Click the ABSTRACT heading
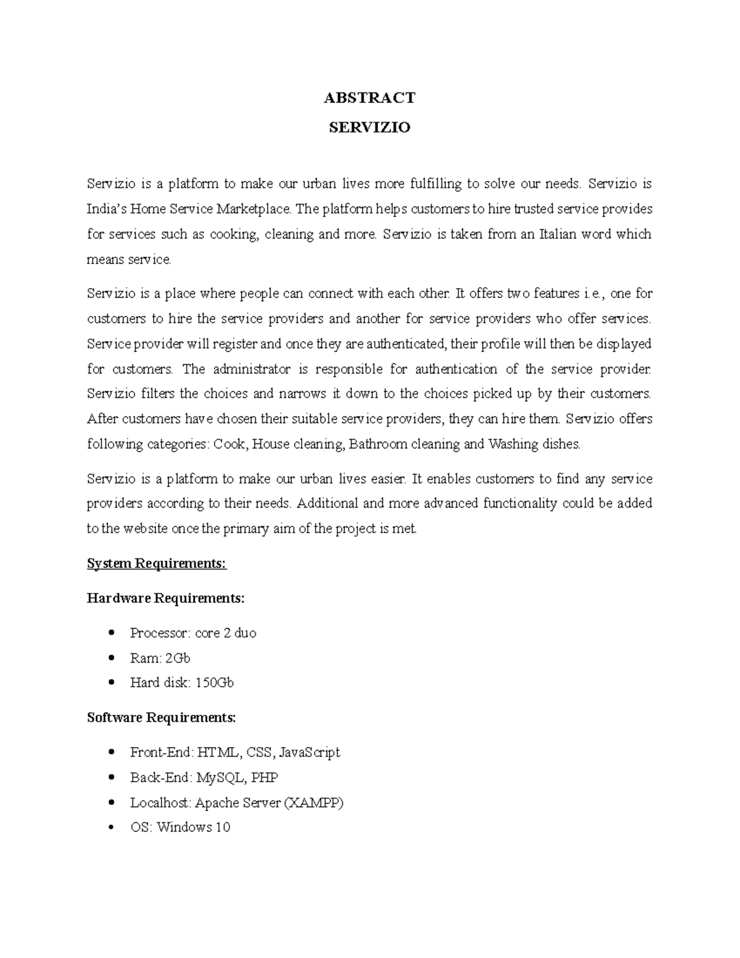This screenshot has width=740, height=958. (369, 97)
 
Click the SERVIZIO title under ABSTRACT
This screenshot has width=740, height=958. (369, 128)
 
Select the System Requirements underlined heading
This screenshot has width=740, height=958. (157, 563)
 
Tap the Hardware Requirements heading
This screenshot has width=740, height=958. (166, 598)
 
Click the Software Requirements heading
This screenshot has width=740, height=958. (161, 717)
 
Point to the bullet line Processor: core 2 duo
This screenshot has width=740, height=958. (193, 633)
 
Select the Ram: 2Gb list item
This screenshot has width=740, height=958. (160, 658)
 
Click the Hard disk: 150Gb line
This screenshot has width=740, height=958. (182, 683)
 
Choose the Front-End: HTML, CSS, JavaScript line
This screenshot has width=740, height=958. (235, 753)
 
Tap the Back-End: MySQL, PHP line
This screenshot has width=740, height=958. (204, 777)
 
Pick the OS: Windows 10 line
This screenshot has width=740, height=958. (180, 827)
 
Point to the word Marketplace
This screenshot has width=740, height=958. (253, 209)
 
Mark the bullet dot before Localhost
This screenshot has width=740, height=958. (111, 803)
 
